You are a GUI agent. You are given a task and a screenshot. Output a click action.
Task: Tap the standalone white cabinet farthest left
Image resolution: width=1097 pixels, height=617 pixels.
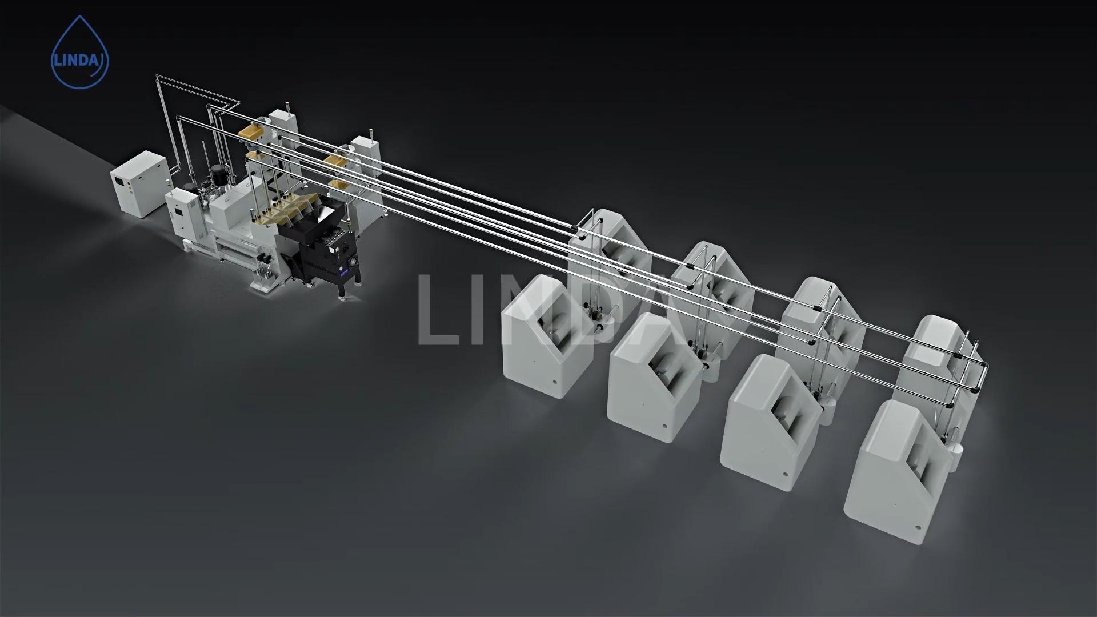pos(140,184)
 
